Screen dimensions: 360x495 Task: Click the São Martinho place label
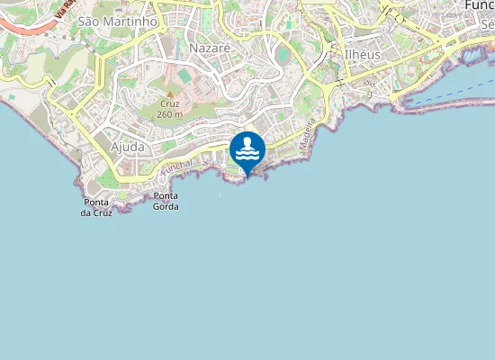118,20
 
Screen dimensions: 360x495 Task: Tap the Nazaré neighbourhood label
210,47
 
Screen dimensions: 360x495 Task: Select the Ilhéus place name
364,54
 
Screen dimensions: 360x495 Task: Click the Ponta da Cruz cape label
96,208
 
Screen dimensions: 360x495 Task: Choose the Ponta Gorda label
166,202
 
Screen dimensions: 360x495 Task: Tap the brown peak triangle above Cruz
169,93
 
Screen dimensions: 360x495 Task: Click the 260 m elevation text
169,114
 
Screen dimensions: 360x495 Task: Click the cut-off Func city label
479,5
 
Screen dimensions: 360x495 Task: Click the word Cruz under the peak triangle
169,103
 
